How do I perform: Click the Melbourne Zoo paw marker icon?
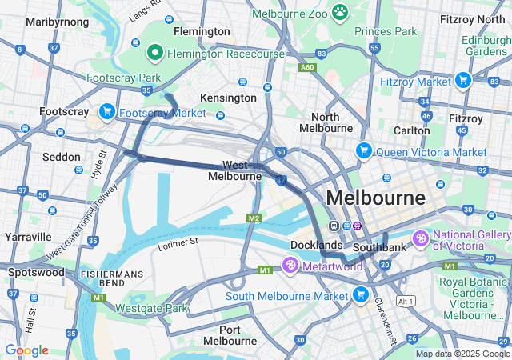(x=341, y=12)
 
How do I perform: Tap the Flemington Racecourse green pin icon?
(x=155, y=54)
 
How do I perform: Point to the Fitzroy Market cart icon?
(x=462, y=80)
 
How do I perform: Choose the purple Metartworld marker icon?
(x=290, y=265)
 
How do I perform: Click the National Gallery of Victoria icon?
(x=421, y=238)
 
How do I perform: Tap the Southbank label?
(x=380, y=247)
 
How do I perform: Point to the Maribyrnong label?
(x=50, y=22)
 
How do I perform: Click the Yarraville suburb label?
(x=27, y=237)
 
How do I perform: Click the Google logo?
(x=26, y=350)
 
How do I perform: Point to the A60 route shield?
(x=307, y=68)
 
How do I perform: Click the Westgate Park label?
(x=151, y=308)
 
